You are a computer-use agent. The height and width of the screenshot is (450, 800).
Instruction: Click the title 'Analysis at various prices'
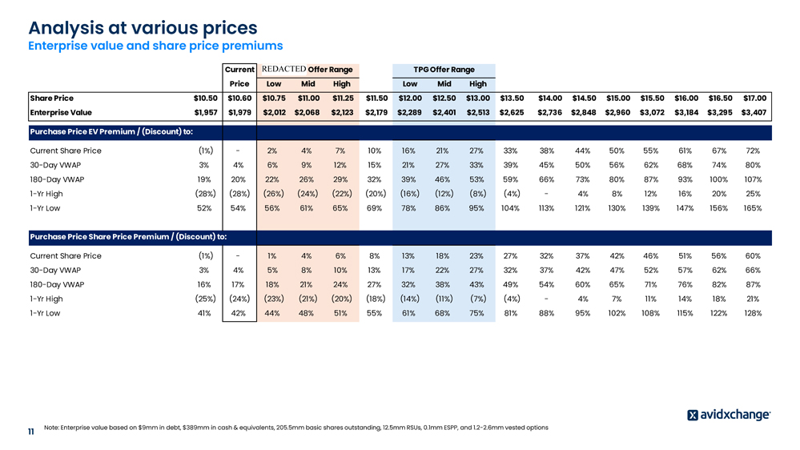click(143, 29)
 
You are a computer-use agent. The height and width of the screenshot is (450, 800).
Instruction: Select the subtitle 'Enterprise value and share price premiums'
click(155, 46)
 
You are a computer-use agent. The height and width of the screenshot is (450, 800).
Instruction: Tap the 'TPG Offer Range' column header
click(444, 70)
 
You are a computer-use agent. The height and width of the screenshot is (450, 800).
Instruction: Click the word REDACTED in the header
click(283, 70)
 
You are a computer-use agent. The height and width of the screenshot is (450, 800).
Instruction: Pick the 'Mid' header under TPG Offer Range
click(444, 83)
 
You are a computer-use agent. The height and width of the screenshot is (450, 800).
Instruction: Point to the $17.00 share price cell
click(754, 98)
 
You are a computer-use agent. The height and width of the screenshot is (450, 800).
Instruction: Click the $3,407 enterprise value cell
click(754, 112)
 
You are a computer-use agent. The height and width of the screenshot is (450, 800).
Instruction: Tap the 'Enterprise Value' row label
click(62, 112)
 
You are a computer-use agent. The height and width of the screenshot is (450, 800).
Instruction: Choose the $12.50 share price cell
click(444, 98)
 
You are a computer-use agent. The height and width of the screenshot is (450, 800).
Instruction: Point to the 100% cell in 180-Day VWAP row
click(718, 179)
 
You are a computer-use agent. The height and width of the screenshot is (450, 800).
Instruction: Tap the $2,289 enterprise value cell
click(410, 112)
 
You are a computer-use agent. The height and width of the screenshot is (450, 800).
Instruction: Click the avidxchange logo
click(729, 415)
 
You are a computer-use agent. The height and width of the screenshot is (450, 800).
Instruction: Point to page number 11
click(30, 432)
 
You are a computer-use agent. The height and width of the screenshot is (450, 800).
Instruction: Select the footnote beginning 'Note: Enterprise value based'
click(295, 428)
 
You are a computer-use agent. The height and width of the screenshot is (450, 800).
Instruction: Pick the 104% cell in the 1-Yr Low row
click(509, 208)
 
